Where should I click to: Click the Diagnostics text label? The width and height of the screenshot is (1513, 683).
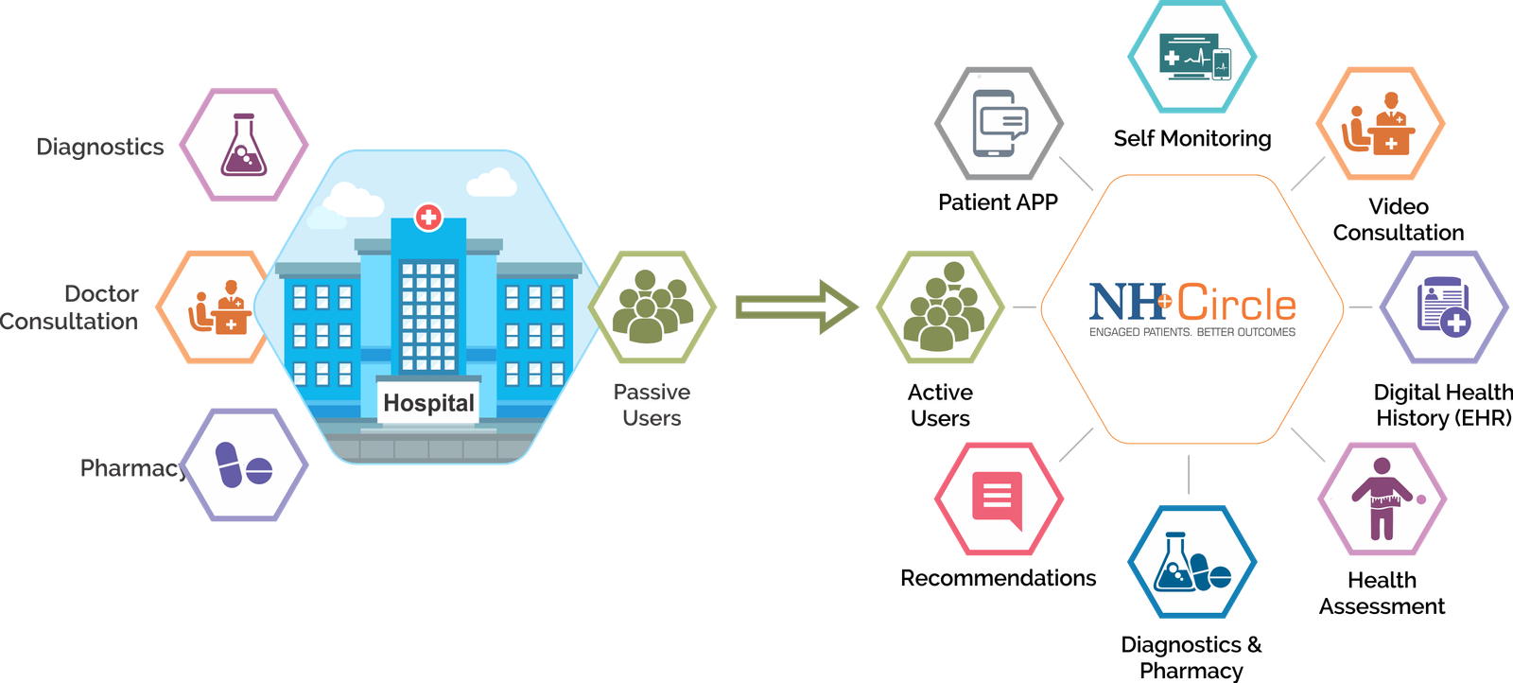coord(100,147)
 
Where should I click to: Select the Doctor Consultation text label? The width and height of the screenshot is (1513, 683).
coord(72,307)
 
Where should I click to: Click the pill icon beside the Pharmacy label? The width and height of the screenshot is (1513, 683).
coord(243,465)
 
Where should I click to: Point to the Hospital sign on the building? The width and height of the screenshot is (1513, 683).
coord(428,403)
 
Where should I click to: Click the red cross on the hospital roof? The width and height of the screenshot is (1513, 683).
coord(428,217)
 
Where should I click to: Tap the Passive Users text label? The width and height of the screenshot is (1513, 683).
coord(652,405)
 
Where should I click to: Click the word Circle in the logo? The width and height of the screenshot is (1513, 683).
coord(1236,304)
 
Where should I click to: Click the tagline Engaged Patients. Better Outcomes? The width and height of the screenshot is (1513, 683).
coord(1191,332)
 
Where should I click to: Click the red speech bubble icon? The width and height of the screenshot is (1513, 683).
coord(998,499)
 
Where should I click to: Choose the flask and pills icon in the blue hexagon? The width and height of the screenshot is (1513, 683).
coord(1192,563)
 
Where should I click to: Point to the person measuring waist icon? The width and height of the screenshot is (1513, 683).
coord(1383,499)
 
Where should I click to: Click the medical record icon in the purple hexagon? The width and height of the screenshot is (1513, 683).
coord(1443,306)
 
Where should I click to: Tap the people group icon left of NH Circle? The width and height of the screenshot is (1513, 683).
coord(939,306)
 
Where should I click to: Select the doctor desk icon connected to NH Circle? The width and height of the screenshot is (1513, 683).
coord(1380,124)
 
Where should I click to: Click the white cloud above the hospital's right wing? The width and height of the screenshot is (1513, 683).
coord(492,183)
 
